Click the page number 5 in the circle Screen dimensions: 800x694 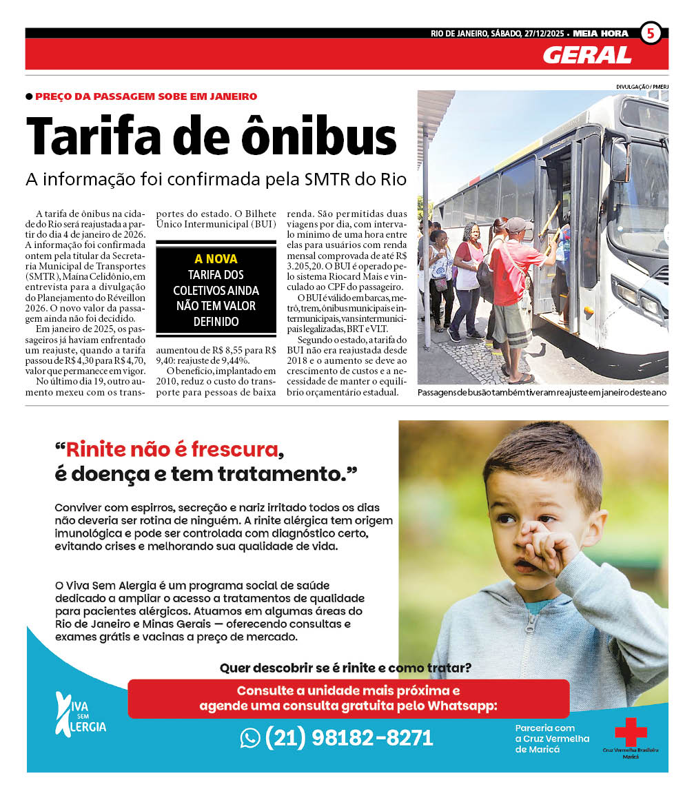pos(651,33)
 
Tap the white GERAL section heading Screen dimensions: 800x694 pos(586,55)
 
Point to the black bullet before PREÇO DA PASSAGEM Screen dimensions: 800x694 pos(29,97)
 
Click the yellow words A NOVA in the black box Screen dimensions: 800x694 pos(216,259)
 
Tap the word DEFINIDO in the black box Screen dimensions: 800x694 pos(216,322)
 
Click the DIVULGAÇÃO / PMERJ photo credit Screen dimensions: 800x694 pos(642,87)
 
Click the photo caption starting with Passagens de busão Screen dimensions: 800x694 pos(542,393)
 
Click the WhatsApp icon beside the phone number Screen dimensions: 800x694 pos(249,738)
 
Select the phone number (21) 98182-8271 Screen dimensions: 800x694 pos(349,738)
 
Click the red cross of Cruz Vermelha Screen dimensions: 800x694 pos(631,731)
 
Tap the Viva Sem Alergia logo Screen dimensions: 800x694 pos(80,713)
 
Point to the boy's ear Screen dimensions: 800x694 pos(598,520)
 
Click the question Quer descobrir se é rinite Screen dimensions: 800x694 pos(345,668)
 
